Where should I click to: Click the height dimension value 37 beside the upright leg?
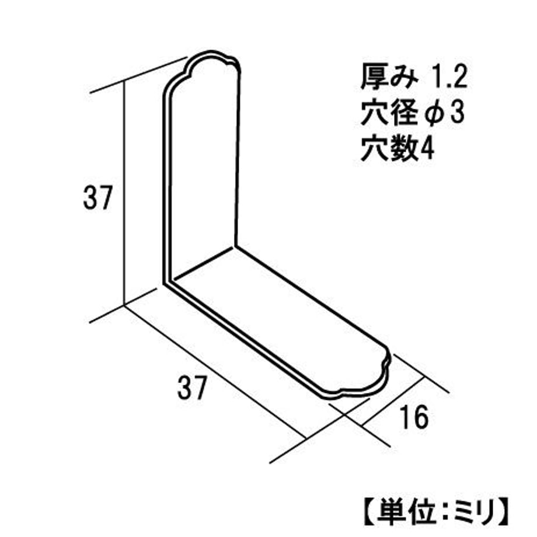97,198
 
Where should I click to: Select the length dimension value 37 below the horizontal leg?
192,387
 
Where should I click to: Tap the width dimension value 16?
414,417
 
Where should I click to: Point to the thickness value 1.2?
449,78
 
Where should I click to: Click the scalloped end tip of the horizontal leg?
388,363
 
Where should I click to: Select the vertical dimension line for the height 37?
124,193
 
